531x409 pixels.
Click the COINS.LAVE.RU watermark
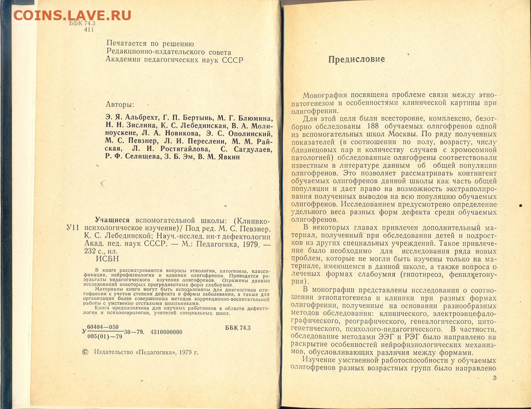click(x=72, y=15)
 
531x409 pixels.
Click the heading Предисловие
click(x=356, y=59)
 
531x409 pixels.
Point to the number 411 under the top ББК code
click(x=89, y=30)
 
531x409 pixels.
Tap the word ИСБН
click(x=107, y=259)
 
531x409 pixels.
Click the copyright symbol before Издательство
click(x=85, y=352)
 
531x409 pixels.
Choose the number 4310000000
click(x=166, y=332)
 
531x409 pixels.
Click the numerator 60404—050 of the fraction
click(x=103, y=327)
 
